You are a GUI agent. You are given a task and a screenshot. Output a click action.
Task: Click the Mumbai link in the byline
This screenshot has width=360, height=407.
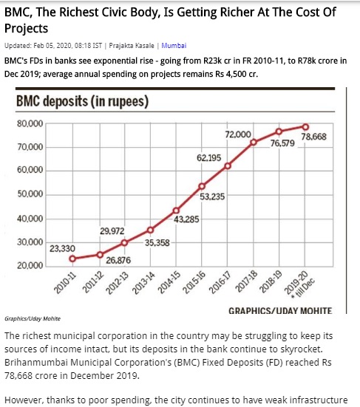coord(174,46)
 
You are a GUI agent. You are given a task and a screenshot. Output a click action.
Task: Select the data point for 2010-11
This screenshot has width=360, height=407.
coord(72,259)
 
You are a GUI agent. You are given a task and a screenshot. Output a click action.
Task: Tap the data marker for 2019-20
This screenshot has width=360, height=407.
coord(305,127)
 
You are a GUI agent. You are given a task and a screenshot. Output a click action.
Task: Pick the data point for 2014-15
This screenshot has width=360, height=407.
coord(176,211)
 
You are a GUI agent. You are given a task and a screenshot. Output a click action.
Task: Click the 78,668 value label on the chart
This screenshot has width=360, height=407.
coord(313,137)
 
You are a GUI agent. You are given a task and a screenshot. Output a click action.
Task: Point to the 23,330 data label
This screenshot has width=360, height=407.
coord(62,249)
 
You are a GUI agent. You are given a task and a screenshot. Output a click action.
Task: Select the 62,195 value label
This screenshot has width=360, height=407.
coord(209,158)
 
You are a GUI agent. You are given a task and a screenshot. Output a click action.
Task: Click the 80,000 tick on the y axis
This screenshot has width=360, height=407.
coord(30,124)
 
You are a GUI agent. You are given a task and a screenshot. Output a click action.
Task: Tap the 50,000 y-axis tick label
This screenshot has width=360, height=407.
coord(30,194)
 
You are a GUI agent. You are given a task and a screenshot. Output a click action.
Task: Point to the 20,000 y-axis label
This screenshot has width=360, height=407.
coord(30,265)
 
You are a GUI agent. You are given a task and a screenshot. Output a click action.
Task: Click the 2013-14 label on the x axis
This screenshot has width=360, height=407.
coord(143,283)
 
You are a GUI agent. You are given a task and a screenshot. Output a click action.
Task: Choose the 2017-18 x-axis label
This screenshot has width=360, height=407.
coord(246,281)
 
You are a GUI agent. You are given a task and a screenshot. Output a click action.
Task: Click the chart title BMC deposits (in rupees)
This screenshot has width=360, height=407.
coord(82,101)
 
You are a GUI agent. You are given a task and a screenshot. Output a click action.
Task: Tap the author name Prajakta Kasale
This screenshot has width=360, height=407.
coord(132,46)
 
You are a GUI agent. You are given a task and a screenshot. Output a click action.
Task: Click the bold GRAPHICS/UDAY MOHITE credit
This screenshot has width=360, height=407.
coord(280,311)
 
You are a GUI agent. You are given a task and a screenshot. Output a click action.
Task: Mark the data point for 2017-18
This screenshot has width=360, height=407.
coord(254,143)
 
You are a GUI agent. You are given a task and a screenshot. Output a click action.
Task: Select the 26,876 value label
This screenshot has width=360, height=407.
coord(118,260)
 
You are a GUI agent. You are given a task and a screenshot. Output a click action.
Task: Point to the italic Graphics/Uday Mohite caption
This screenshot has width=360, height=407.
coord(33,319)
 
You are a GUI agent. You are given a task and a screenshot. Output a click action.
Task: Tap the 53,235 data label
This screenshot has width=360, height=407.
coord(212,196)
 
